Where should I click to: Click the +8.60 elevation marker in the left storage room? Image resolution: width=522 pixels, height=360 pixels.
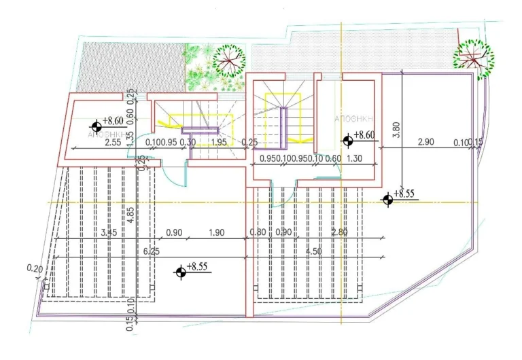[x=97, y=126]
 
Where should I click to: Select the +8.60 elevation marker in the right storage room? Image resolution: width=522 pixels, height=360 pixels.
[x=348, y=141]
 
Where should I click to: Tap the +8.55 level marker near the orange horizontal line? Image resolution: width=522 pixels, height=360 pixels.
[x=388, y=199]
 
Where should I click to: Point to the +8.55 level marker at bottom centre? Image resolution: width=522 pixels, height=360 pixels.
[x=181, y=272]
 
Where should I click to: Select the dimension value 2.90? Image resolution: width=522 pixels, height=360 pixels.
[x=425, y=142]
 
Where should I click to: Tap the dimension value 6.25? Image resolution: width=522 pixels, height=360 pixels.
[x=152, y=251]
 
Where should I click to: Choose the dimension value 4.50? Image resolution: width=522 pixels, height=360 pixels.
[x=313, y=251]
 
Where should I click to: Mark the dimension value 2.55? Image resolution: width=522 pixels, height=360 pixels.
[x=113, y=142]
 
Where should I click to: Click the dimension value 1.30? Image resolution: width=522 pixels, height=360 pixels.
[x=354, y=158]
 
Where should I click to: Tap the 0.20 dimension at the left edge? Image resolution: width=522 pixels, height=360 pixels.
[x=34, y=269]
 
